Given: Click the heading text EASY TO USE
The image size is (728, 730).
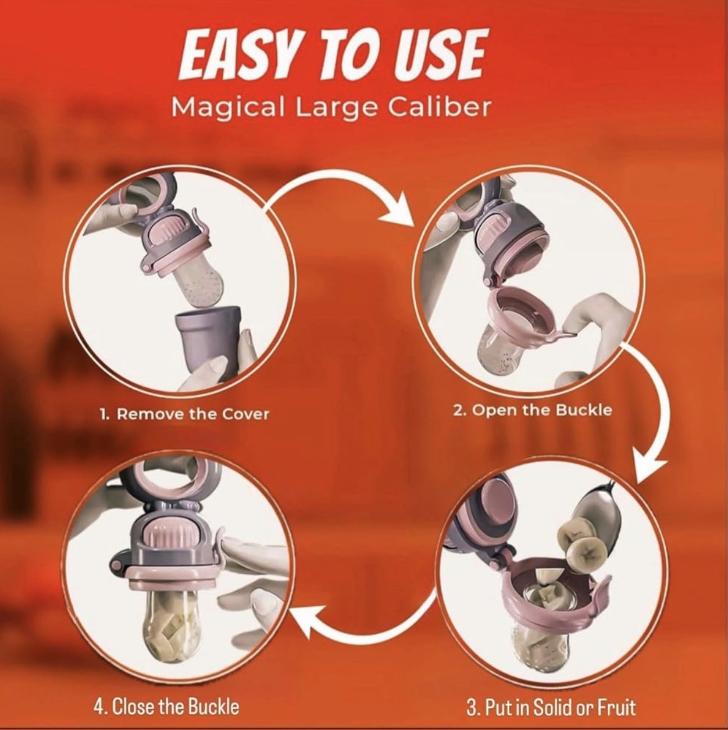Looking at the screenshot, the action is (x=332, y=57).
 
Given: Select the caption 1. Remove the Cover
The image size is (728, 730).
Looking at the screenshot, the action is (x=185, y=414).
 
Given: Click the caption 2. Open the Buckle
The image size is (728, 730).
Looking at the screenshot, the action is (x=533, y=410).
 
